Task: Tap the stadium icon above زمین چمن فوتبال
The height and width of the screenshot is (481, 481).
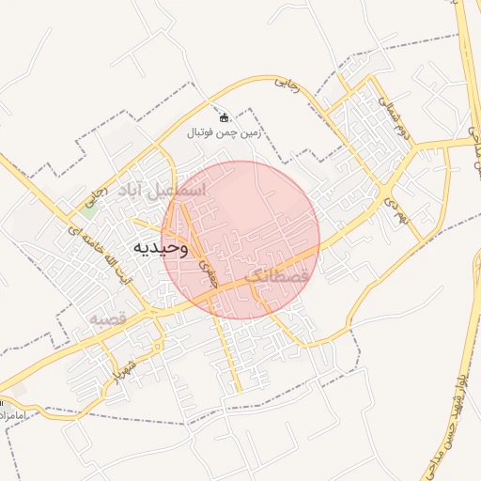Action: (x=225, y=117)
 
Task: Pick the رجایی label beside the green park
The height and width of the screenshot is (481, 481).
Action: (x=91, y=196)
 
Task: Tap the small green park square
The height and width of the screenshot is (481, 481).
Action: (x=87, y=209)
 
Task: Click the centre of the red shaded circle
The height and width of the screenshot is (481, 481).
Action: (x=240, y=240)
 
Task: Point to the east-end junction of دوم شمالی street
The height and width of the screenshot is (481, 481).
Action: (x=417, y=146)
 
